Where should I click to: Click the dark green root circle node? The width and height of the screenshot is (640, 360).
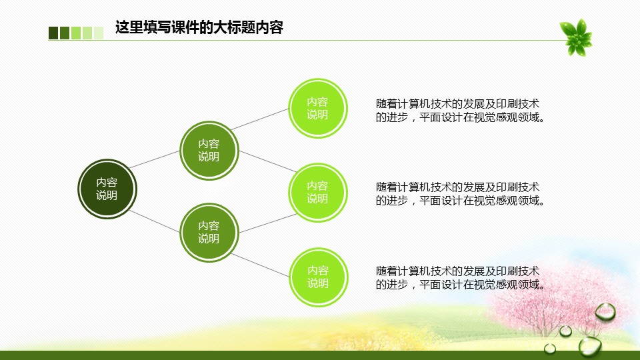pos(107,189)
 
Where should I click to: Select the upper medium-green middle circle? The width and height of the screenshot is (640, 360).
pos(209,150)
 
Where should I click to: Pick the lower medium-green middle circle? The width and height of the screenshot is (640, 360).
pos(209,232)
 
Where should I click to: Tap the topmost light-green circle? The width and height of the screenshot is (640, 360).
pos(317,108)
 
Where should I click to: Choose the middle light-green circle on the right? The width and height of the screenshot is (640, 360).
pos(317,192)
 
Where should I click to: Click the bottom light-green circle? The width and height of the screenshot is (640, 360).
pos(319,277)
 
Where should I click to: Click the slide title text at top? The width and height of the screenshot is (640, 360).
pos(199,27)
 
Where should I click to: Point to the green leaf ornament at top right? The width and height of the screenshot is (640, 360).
pos(575,37)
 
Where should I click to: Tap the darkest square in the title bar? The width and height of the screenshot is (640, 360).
pos(53,33)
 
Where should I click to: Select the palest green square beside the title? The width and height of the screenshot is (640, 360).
pos(99,33)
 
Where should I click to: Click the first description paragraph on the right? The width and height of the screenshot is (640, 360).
pos(460,111)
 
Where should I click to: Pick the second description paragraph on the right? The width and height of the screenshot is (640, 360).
pos(460,194)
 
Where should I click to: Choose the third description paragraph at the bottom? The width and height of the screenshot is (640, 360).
pos(460,278)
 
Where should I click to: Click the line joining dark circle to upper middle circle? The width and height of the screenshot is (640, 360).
pos(154,159)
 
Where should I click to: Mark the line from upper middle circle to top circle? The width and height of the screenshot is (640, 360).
pos(260,119)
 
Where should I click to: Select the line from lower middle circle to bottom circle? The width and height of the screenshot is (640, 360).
pos(261,265)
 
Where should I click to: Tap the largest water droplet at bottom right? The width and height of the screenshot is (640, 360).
pos(590,347)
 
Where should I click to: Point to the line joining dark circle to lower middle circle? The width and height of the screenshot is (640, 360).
pos(154,221)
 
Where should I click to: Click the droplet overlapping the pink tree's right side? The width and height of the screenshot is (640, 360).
pos(605,312)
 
